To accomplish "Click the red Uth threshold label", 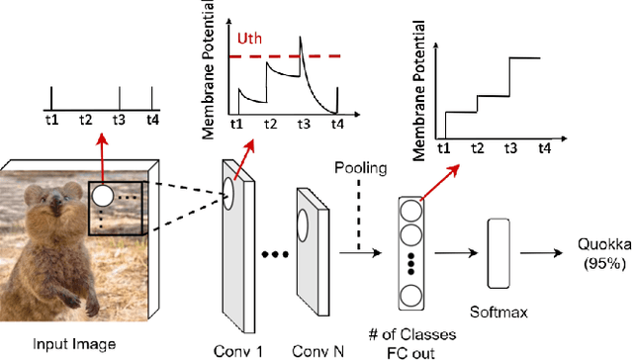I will point(250,41).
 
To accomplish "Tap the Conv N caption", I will point(316,348).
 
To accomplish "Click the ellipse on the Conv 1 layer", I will point(230,192).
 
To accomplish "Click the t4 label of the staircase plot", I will point(544,147).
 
